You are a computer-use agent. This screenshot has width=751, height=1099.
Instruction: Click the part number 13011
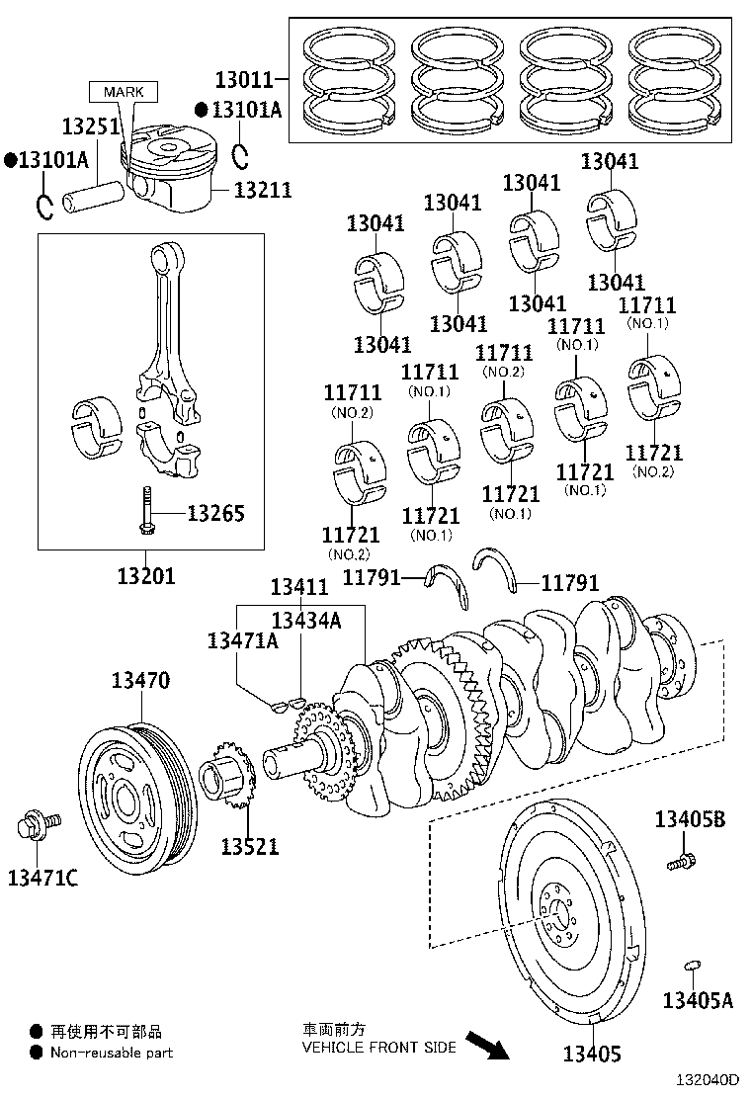pos(246,77)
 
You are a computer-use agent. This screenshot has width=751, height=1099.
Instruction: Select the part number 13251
pos(90,127)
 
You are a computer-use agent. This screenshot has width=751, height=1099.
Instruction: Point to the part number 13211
pos(263,188)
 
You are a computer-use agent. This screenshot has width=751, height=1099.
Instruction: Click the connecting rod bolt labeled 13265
pos(146,511)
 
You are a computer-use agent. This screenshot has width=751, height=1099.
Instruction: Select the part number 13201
pos(146,574)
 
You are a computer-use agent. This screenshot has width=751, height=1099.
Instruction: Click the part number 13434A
pos(305,620)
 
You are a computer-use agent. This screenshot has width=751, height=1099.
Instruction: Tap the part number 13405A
pos(698,1000)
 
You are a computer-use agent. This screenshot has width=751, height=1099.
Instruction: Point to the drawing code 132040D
pos(707,1082)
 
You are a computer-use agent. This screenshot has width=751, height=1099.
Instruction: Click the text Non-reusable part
pos(112,1053)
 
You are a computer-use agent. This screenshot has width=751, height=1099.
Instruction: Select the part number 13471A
pos(242,640)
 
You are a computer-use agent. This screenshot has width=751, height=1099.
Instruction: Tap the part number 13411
pos(299,588)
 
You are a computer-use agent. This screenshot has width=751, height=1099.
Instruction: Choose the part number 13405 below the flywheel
pos(592,1054)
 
